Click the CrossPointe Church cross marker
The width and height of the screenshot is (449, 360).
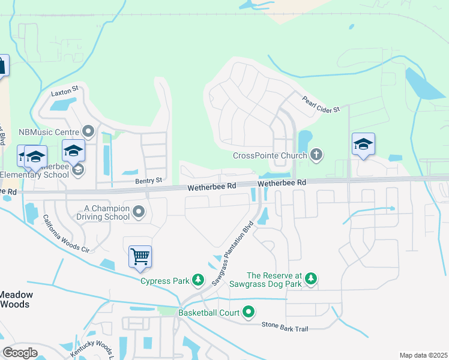pyautogui.click(x=316, y=155)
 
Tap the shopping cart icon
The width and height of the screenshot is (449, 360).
pyautogui.click(x=140, y=257)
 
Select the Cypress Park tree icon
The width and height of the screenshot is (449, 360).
pyautogui.click(x=197, y=280)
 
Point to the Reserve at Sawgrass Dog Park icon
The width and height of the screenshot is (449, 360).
pyautogui.click(x=310, y=278)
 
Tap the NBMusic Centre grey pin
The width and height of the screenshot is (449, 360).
pyautogui.click(x=89, y=131)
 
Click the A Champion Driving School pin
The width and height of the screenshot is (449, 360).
pyautogui.click(x=139, y=211)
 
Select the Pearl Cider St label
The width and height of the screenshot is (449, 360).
pyautogui.click(x=321, y=104)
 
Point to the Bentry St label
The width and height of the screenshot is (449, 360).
pyautogui.click(x=149, y=180)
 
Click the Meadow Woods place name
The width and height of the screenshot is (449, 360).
pyautogui.click(x=16, y=299)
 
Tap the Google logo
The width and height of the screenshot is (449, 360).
pyautogui.click(x=20, y=353)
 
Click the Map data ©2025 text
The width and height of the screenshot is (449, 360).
pyautogui.click(x=423, y=355)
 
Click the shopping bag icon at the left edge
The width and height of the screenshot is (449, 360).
pyautogui.click(x=2, y=65)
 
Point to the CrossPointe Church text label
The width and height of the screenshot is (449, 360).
pyautogui.click(x=270, y=155)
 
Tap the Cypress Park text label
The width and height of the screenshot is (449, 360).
pyautogui.click(x=164, y=280)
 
